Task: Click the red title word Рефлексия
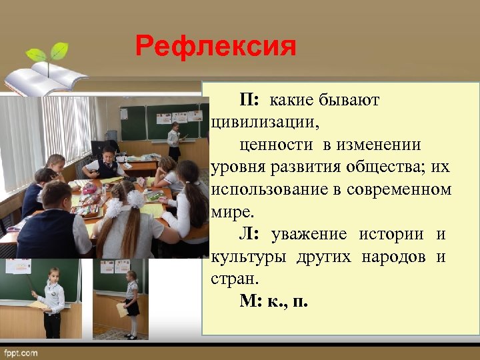coord(215,47)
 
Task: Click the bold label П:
coord(251,100)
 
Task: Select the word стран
coord(231,279)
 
